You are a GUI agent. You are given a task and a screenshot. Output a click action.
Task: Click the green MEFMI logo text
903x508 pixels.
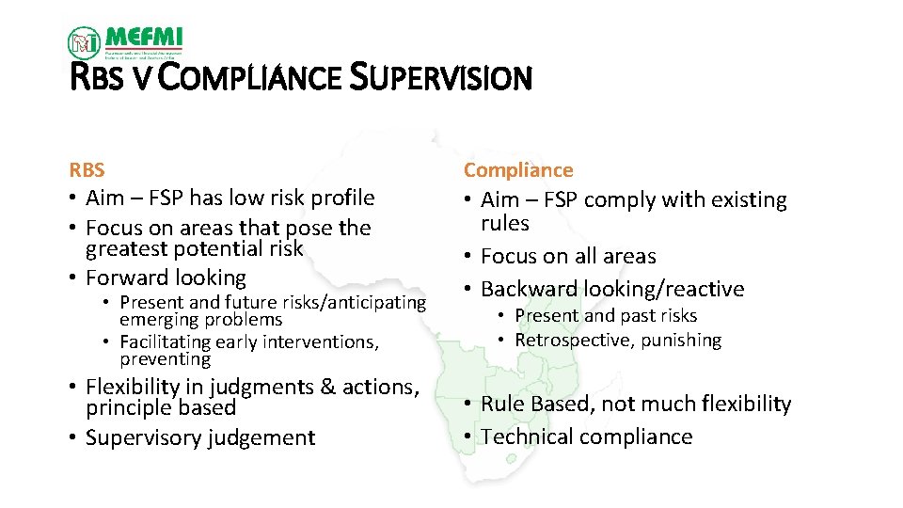tap(144, 37)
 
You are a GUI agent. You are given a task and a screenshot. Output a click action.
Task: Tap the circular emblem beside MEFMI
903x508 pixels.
tap(85, 42)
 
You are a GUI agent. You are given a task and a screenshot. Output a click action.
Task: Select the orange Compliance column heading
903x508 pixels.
tap(518, 170)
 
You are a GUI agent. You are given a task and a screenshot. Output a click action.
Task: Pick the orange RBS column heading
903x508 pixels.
tap(87, 170)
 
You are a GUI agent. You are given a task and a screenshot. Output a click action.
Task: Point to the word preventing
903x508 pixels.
tap(165, 359)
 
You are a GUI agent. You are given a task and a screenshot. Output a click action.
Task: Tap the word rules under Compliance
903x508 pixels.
tap(505, 224)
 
